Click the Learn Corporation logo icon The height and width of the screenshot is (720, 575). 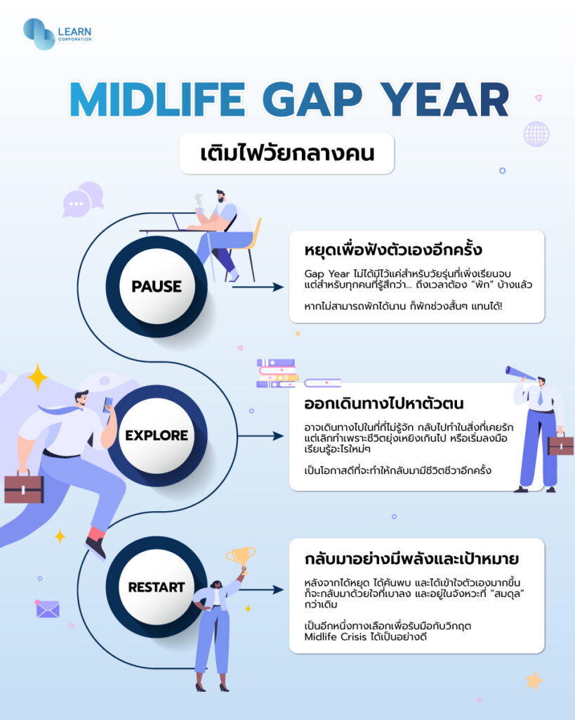pyautogui.click(x=39, y=34)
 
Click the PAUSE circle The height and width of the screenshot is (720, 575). pyautogui.click(x=157, y=286)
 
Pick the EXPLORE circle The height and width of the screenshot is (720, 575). pyautogui.click(x=157, y=435)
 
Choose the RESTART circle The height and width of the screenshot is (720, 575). pyautogui.click(x=157, y=587)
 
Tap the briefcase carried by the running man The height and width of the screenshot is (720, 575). pyautogui.click(x=24, y=487)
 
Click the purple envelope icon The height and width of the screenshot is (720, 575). pyautogui.click(x=48, y=609)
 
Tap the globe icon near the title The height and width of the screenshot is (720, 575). pyautogui.click(x=536, y=134)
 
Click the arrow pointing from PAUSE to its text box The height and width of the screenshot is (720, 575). pyautogui.click(x=258, y=287)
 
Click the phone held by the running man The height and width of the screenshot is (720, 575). pyautogui.click(x=108, y=404)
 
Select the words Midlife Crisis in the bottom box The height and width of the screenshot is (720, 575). pyautogui.click(x=331, y=637)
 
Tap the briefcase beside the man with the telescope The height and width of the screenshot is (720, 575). pyautogui.click(x=560, y=445)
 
